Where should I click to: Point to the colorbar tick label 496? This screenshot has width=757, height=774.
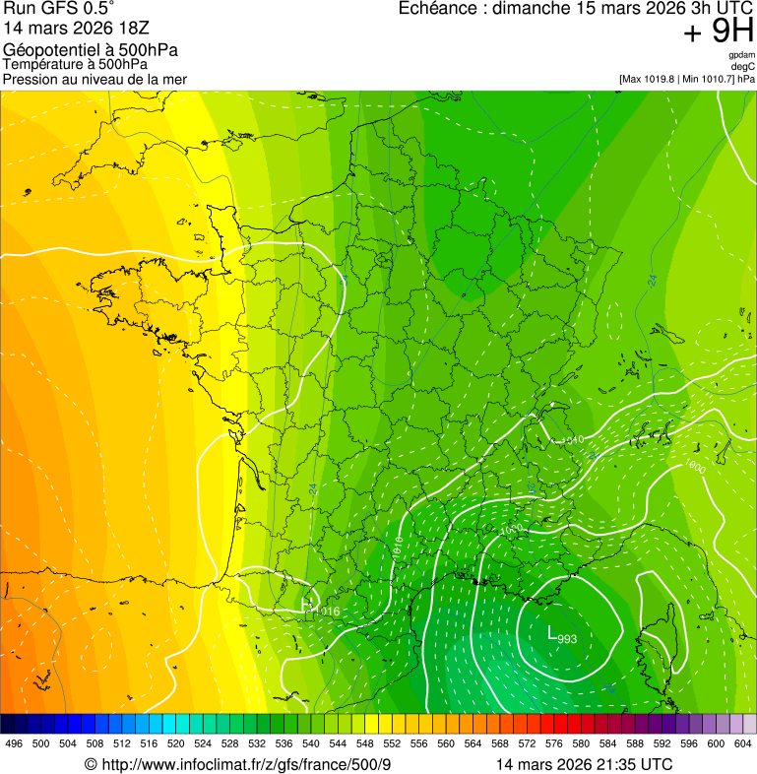[x=14, y=743]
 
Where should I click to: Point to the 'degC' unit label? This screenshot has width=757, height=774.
[x=743, y=67]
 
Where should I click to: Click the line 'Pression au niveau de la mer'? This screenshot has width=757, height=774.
[x=95, y=79]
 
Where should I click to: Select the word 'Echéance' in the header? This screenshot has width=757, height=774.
[x=439, y=9]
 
